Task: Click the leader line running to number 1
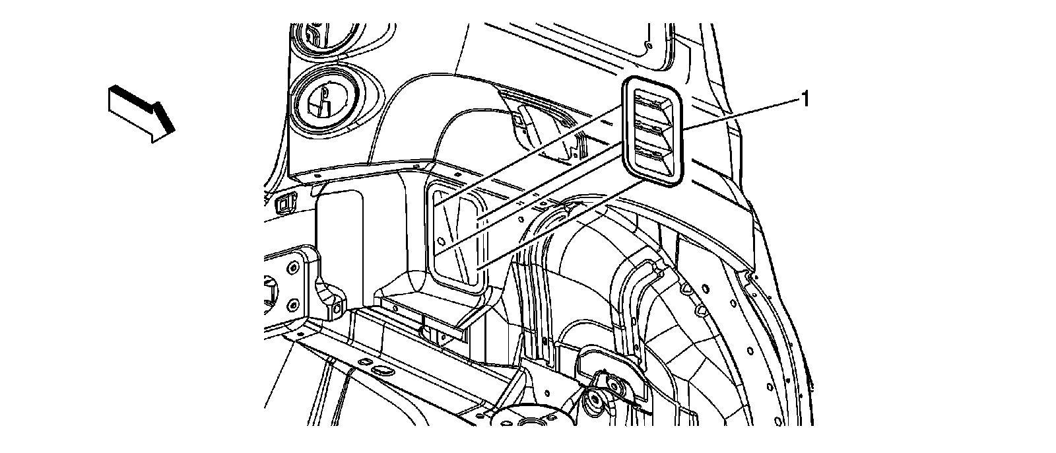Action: tap(739, 113)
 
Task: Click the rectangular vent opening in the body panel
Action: tap(457, 239)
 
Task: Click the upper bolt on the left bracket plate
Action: tap(291, 266)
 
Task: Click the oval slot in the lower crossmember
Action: tap(380, 370)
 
